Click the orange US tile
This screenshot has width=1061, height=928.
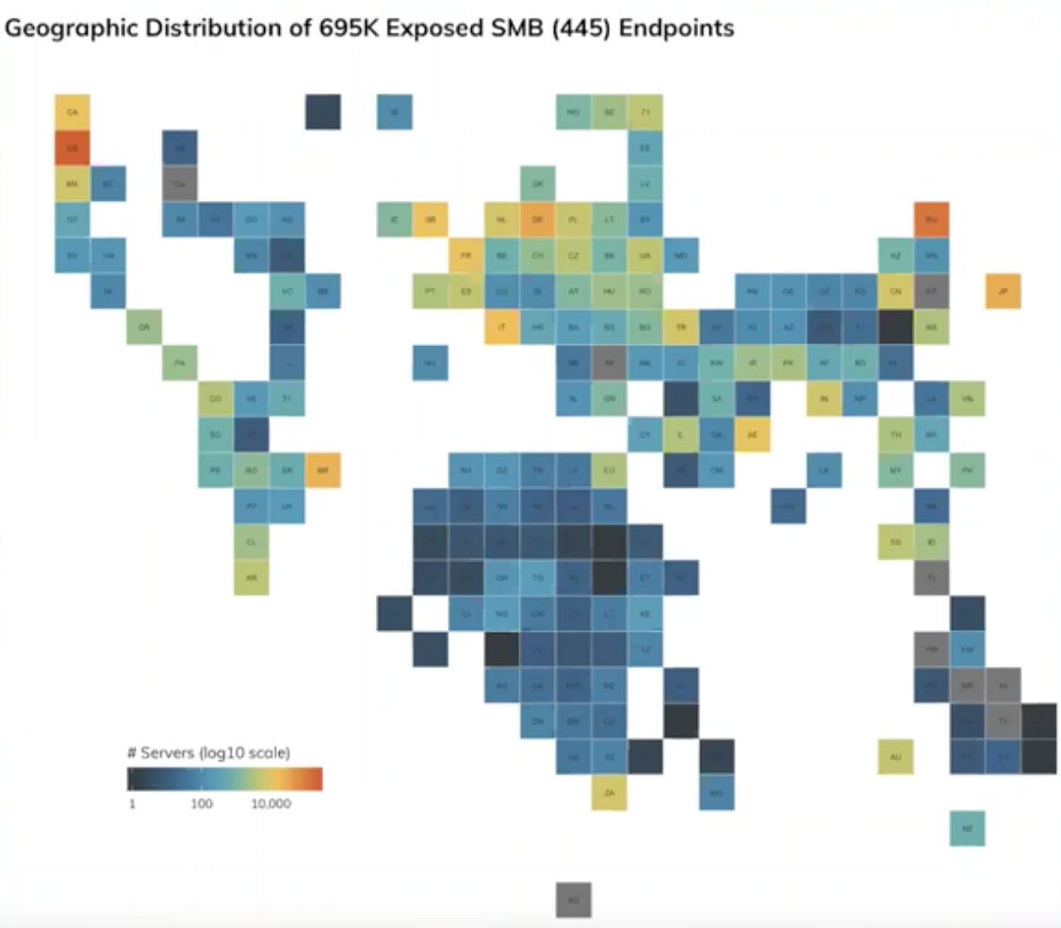tap(73, 148)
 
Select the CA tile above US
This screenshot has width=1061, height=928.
tap(73, 112)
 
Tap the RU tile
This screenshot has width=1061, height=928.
tap(931, 220)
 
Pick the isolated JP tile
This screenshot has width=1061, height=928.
tap(1004, 291)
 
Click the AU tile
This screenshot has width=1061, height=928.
tap(895, 756)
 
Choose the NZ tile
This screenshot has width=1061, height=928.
tap(967, 828)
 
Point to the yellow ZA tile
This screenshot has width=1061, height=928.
tap(610, 792)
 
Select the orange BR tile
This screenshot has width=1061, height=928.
tap(322, 470)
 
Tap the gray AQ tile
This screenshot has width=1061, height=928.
tap(574, 900)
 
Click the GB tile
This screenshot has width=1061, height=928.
tap(431, 220)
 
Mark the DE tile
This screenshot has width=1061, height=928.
tap(538, 220)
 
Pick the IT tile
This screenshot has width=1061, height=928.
tap(502, 326)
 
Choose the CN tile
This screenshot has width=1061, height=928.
tap(895, 291)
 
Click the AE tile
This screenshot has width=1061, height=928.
tap(752, 434)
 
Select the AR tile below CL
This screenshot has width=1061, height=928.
tap(251, 576)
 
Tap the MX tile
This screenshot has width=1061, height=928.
tap(73, 184)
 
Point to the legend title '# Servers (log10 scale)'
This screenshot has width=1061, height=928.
tap(208, 753)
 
